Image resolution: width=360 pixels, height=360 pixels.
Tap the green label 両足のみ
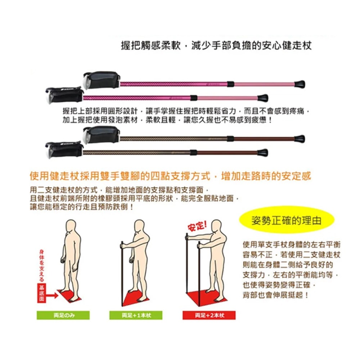[64, 315]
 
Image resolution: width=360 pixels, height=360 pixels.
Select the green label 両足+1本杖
[136, 315]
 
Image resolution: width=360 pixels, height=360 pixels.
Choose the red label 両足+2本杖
[209, 315]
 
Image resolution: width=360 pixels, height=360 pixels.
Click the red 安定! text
[197, 226]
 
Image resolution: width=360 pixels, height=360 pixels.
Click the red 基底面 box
[41, 292]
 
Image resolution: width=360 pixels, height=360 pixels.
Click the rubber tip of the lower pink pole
[263, 98]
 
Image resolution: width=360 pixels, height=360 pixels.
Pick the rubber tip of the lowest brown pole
[263, 152]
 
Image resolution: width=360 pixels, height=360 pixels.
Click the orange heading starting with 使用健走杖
[170, 176]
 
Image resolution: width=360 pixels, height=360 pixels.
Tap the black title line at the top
[216, 46]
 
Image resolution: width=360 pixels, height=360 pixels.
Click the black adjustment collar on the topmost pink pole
[231, 84]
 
